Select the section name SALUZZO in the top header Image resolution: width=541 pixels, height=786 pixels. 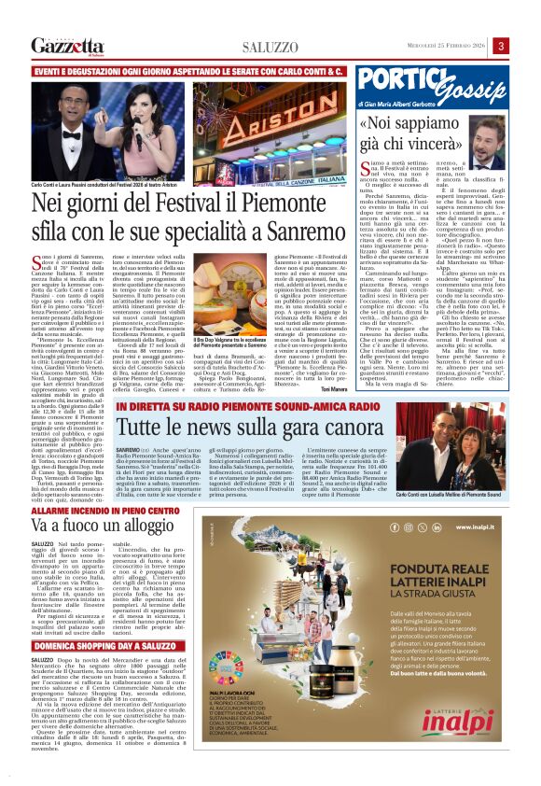(x=270, y=48)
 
